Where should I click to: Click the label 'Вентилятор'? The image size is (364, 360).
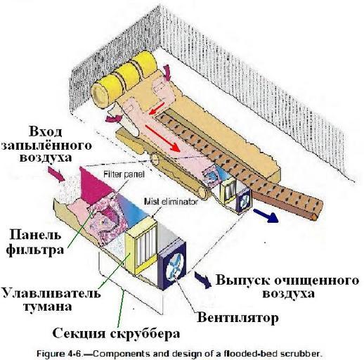pos(238,318)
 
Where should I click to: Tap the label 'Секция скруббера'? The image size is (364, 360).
pos(116,333)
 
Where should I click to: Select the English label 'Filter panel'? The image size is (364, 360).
pos(124,174)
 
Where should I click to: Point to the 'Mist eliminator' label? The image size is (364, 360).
pos(171,202)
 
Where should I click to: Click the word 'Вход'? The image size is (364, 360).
pos(46,131)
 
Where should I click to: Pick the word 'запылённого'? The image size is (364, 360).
pos(46,146)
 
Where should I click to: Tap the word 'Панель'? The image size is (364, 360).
pos(35,235)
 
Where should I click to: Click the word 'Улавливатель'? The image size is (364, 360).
pos(51,292)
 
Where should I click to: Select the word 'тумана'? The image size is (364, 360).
pos(48,307)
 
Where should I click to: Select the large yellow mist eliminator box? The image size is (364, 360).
pos(141,245)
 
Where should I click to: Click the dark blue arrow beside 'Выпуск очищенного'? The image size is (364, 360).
pos(203,279)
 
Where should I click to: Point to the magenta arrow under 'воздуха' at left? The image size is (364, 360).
pos(56,174)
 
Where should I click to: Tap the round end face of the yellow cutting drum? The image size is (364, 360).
pos(100,95)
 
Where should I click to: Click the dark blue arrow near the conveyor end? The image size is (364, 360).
pos(266,216)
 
